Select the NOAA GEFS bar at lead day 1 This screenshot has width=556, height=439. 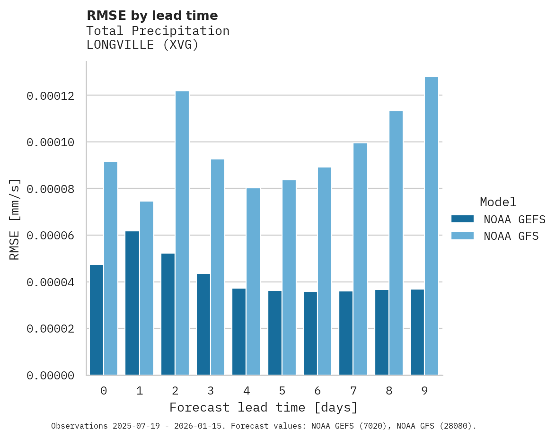(132, 303)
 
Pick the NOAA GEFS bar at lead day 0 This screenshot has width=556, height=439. (97, 320)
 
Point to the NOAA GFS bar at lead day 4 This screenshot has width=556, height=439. (253, 281)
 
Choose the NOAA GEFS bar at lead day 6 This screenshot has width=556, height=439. (310, 334)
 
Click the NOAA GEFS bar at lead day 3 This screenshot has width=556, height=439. (203, 325)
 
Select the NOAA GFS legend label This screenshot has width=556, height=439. (511, 236)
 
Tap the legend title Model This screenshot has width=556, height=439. (498, 202)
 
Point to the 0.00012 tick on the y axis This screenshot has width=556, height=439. (51, 96)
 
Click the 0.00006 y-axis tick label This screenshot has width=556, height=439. (51, 236)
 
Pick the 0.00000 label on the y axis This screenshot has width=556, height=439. (51, 376)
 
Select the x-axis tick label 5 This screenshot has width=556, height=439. (282, 391)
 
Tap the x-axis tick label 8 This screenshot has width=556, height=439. (389, 391)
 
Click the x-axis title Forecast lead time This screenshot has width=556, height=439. (264, 407)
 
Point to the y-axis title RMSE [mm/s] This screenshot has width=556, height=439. (15, 219)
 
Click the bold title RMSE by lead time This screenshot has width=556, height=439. (152, 16)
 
